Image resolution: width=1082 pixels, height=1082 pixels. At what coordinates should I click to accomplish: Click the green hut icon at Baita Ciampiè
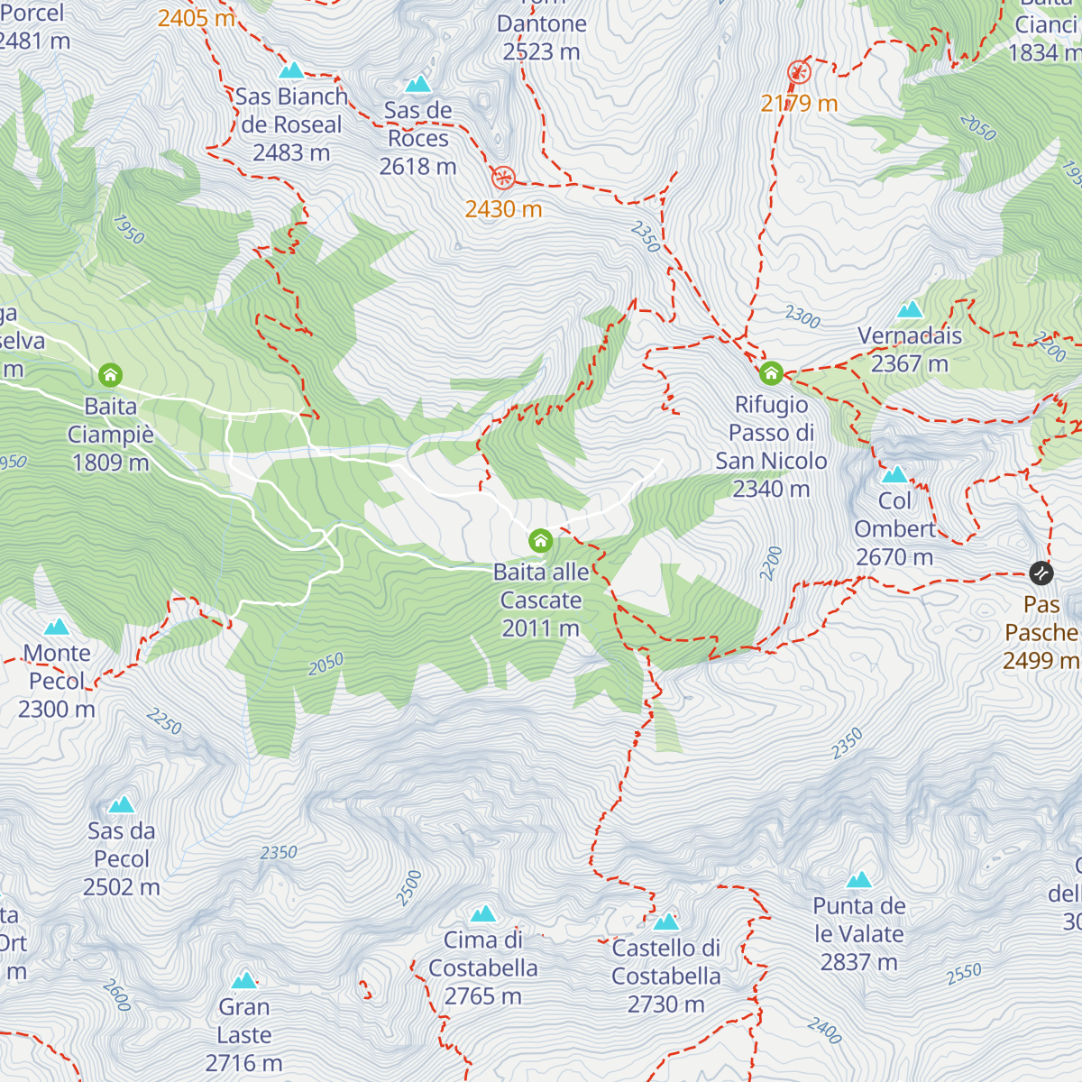click(x=111, y=374)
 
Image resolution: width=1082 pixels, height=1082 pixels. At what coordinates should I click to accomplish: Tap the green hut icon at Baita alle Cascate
click(x=540, y=541)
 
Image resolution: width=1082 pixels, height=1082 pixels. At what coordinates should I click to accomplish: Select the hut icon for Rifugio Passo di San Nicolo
click(x=771, y=372)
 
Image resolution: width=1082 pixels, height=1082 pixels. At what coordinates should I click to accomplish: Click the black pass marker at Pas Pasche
click(x=1041, y=573)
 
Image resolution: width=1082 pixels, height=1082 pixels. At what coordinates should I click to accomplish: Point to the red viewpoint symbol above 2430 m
click(x=503, y=178)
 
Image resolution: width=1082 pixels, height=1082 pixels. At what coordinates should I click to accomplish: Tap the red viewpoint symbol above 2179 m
click(x=799, y=72)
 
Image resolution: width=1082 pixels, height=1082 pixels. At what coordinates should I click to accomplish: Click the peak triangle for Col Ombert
click(x=894, y=475)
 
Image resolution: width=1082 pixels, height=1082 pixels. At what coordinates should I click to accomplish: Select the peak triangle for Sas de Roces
click(x=417, y=85)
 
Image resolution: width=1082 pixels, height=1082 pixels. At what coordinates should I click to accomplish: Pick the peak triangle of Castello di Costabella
click(x=665, y=922)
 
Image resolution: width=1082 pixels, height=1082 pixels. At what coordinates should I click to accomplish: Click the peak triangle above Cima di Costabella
click(x=483, y=914)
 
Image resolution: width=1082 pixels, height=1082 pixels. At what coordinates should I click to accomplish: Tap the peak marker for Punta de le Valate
click(x=858, y=880)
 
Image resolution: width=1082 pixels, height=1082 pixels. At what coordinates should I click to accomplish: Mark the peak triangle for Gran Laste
click(x=243, y=981)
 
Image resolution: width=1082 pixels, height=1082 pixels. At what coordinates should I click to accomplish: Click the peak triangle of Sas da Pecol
click(x=122, y=805)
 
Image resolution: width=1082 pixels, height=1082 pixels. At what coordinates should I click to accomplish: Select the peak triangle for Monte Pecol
click(x=57, y=627)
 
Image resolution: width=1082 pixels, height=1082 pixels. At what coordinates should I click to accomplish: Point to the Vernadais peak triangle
click(x=910, y=310)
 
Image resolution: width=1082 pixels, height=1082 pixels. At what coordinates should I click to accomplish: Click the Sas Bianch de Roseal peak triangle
click(x=290, y=70)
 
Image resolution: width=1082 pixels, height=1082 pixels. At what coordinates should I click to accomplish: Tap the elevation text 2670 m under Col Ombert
click(x=894, y=557)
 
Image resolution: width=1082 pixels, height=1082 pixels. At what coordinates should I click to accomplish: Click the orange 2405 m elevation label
click(x=196, y=18)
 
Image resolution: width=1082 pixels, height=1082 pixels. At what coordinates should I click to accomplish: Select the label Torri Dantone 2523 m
click(x=541, y=37)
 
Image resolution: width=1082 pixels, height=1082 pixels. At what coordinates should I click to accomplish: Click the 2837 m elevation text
click(x=858, y=962)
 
